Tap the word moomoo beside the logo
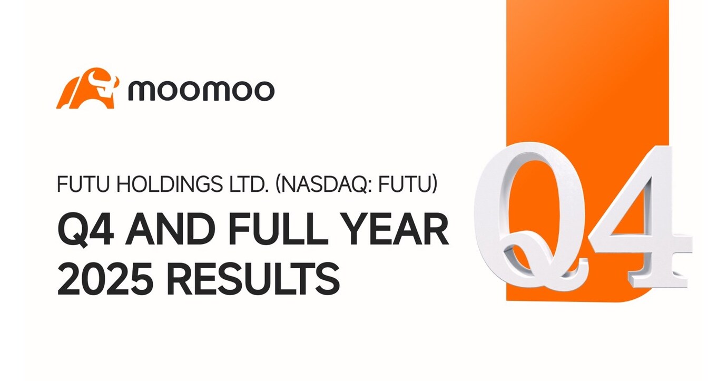pyautogui.click(x=201, y=91)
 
